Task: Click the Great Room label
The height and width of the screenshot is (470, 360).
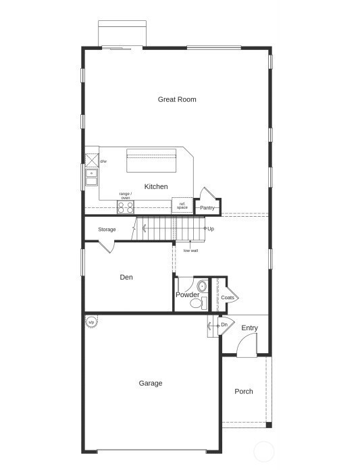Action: coord(177,99)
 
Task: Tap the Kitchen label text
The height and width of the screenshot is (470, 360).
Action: coord(156,186)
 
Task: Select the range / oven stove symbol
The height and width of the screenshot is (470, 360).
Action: coord(126,207)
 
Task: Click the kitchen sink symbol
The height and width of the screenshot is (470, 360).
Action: coord(91,178)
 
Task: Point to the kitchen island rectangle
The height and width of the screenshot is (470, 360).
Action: coord(151,162)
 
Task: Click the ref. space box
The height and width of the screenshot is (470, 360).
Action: coord(182,205)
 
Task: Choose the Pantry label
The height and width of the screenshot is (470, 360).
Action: coord(207,208)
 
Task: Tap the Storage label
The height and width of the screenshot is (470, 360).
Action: coord(107,230)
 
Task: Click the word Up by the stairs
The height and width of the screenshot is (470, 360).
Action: coord(211,229)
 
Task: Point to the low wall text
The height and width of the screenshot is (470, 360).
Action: coord(190,251)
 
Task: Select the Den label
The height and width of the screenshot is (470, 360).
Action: coord(126,277)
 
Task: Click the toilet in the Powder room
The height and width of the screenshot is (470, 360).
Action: coord(197,303)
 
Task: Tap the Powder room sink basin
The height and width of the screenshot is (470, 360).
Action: coord(201,286)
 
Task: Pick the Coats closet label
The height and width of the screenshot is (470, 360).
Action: coord(228,298)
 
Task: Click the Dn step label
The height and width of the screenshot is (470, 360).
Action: coord(224,325)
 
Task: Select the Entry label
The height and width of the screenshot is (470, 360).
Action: coord(249,328)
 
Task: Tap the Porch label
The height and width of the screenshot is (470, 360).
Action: coord(244,391)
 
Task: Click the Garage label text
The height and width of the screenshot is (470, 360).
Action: coord(151,383)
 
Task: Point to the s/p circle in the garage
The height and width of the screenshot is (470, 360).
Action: coord(91,322)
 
